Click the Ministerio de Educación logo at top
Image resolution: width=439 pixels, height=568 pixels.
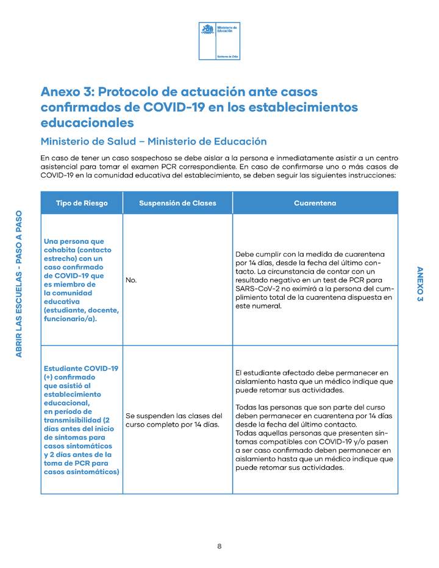220,40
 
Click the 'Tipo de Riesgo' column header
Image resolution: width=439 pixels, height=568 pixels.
81,203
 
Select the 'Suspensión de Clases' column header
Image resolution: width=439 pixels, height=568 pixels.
177,203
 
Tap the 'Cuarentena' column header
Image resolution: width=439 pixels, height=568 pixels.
315,203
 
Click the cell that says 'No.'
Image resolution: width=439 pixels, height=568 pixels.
131,280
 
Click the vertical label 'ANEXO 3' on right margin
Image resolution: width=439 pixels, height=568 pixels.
419,284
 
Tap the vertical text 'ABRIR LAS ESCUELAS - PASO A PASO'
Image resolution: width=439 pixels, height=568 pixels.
19,283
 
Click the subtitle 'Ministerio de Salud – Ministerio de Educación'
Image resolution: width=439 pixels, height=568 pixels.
153,141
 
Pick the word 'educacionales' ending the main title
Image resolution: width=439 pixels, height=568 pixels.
87,122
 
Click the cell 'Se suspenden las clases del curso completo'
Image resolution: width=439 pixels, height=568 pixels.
174,420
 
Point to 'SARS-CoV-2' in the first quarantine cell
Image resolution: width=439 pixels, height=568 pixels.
257,288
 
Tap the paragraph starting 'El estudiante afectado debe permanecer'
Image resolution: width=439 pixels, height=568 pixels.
314,381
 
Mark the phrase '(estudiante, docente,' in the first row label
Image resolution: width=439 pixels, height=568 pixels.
81,310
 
